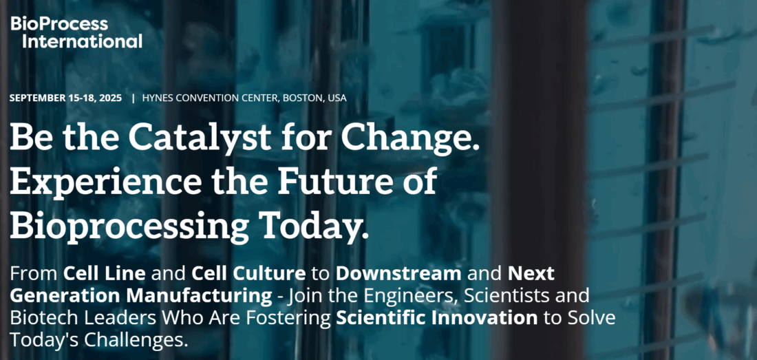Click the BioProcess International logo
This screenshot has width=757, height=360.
76,32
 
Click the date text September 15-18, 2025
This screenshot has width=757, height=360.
65,98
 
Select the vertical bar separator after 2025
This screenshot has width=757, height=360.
133,98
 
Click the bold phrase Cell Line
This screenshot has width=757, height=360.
104,273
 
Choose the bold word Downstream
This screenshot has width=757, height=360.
398,273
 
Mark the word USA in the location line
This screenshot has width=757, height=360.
337,98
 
